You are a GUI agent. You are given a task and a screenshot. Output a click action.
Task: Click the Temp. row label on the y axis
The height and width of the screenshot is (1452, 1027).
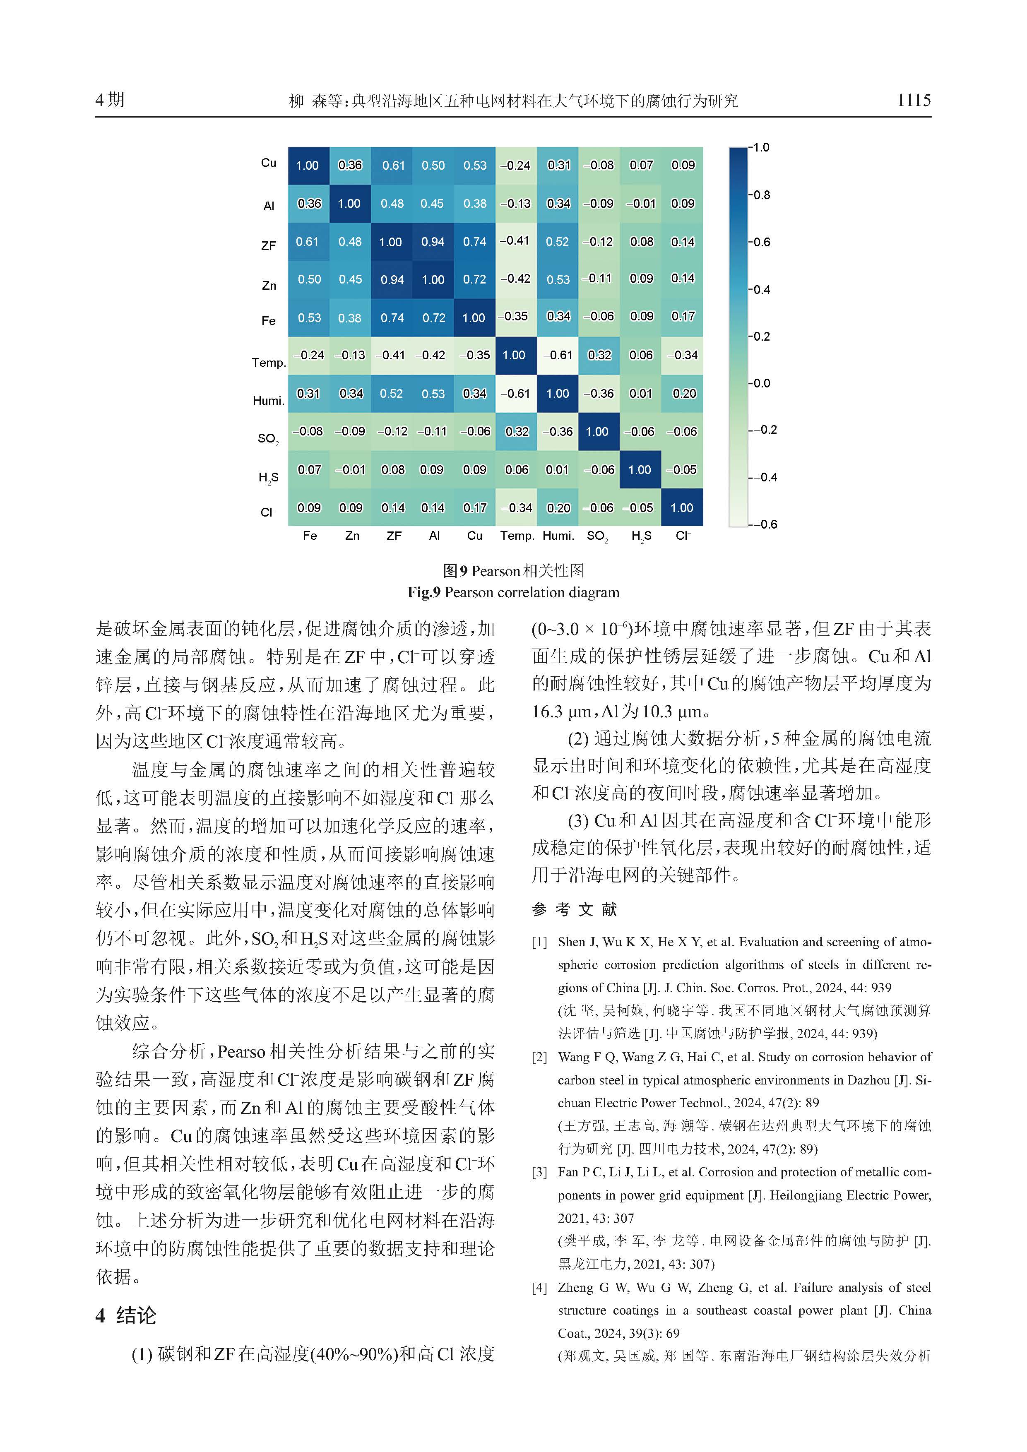[269, 362]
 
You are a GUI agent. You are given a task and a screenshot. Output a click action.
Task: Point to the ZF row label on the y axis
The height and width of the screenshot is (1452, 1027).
[269, 245]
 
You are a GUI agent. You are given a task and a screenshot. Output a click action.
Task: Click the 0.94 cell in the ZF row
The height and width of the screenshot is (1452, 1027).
[433, 242]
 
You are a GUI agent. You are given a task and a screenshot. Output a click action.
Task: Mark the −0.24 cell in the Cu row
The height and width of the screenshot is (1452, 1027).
[515, 166]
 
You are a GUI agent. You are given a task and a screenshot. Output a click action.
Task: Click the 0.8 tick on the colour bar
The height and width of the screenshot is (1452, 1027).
[761, 195]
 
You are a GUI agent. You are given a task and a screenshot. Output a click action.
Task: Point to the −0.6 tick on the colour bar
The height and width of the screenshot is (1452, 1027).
[764, 524]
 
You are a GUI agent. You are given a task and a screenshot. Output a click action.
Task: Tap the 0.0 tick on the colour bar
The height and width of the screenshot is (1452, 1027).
[761, 383]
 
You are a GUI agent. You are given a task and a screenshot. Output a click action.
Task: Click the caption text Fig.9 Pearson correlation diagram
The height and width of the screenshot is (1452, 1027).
[513, 593]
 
